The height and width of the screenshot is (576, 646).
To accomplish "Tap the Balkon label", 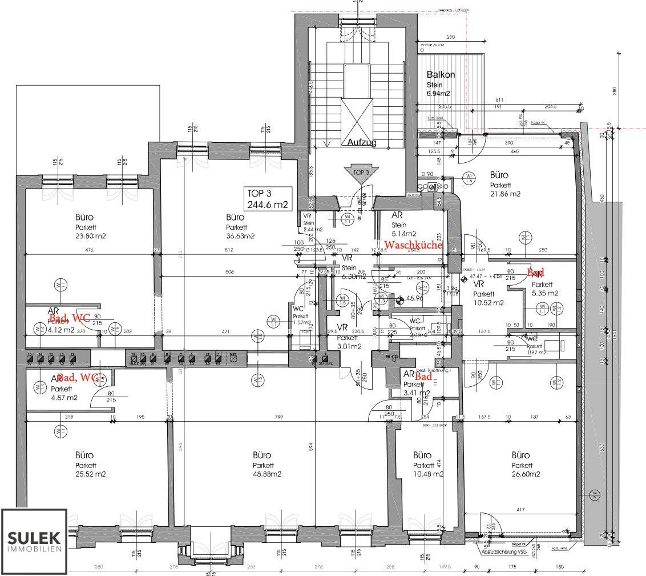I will pyautogui.click(x=441, y=75).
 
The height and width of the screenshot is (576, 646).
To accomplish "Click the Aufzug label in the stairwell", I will pyautogui.click(x=358, y=143).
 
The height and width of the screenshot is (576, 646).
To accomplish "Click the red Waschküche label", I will pyautogui.click(x=413, y=245).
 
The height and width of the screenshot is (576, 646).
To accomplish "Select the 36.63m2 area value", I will pyautogui.click(x=240, y=236).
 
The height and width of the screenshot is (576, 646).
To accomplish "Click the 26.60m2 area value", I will pyautogui.click(x=520, y=474).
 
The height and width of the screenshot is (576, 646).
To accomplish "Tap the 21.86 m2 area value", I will pyautogui.click(x=505, y=194).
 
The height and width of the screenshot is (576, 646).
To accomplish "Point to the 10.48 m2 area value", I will pyautogui.click(x=429, y=474).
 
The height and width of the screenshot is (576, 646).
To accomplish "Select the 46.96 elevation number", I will pyautogui.click(x=414, y=298).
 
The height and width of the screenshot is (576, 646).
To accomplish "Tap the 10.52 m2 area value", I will pyautogui.click(x=489, y=302).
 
